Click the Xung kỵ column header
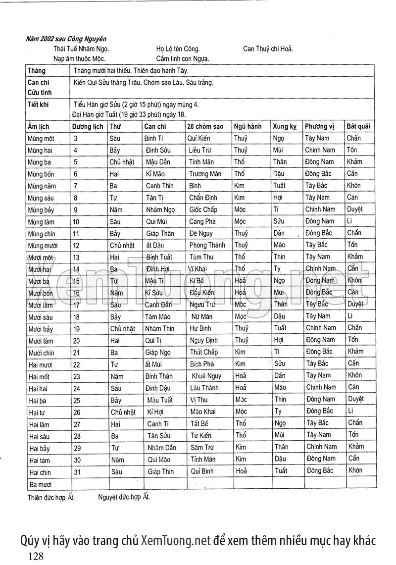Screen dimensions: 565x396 pyautogui.click(x=284, y=126)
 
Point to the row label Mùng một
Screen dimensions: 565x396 pyautogui.click(x=42, y=139)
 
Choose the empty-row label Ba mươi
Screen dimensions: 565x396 pyautogui.click(x=40, y=484)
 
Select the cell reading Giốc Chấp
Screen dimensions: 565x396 pyautogui.click(x=203, y=209)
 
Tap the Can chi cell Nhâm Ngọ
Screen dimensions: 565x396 pyautogui.click(x=160, y=209)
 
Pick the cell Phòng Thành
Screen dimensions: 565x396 pyautogui.click(x=207, y=245)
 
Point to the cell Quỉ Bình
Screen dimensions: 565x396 pyautogui.click(x=202, y=471)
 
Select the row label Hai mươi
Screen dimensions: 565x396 pyautogui.click(x=41, y=364)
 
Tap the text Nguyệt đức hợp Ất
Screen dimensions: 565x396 pyautogui.click(x=124, y=496)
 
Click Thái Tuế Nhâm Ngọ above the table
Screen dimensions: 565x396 pyautogui.click(x=81, y=49)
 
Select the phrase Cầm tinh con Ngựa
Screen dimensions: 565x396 pyautogui.click(x=182, y=59)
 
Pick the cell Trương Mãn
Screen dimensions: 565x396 pyautogui.click(x=205, y=174)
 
